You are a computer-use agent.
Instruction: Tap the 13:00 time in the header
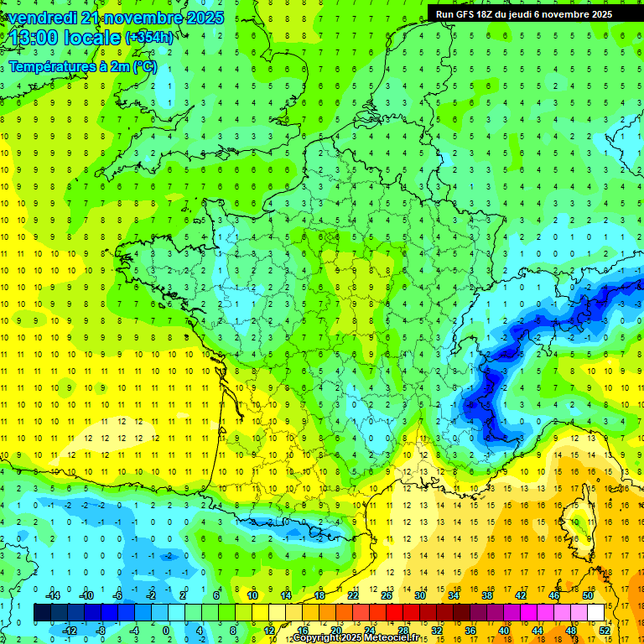(x=36, y=38)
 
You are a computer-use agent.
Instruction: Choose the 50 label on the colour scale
(x=588, y=595)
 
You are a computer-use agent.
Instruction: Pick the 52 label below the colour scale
(x=605, y=630)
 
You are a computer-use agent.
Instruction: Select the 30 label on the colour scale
(x=420, y=595)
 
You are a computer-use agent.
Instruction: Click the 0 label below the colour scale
(x=166, y=630)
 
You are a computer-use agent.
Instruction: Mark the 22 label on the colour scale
(x=353, y=595)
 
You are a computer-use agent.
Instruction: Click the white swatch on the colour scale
(x=596, y=612)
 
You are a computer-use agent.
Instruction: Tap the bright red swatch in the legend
(x=395, y=612)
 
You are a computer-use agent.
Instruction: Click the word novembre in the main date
(x=150, y=18)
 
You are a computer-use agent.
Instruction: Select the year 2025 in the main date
(x=205, y=18)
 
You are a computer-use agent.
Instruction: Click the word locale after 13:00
(x=94, y=38)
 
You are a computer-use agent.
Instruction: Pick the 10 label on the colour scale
(x=252, y=595)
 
